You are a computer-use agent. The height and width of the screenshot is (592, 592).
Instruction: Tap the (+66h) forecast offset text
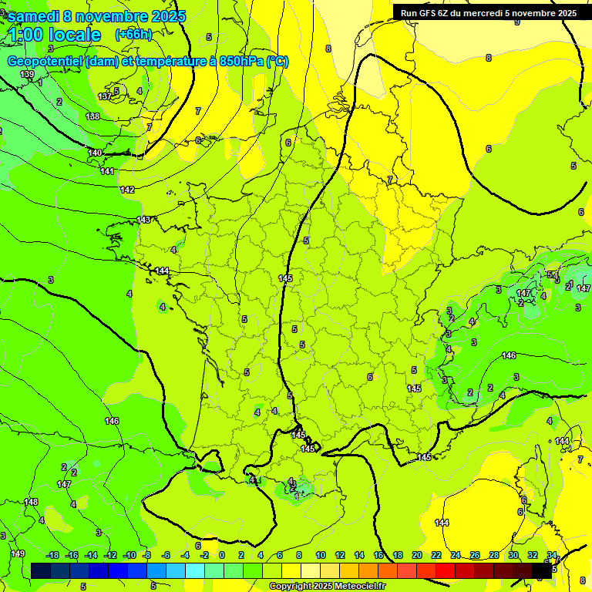click(x=133, y=34)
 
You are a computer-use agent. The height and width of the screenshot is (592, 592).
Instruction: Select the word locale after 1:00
click(x=73, y=35)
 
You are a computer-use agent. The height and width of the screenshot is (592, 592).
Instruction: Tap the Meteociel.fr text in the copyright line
click(x=360, y=587)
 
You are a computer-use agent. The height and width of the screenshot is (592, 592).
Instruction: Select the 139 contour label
click(x=27, y=75)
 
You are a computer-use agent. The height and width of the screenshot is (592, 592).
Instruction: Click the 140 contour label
click(x=96, y=153)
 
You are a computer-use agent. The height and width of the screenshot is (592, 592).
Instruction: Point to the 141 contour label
click(x=108, y=171)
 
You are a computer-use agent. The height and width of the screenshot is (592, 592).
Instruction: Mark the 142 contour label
click(x=127, y=190)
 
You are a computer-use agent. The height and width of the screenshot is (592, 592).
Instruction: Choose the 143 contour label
click(x=143, y=220)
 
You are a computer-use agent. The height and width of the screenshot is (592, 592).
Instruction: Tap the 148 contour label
click(x=31, y=502)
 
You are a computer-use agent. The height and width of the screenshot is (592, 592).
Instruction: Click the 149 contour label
click(x=18, y=553)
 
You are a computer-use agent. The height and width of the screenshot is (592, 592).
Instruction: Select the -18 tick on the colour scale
click(x=52, y=555)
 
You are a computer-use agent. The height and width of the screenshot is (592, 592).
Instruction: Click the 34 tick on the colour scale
click(x=552, y=555)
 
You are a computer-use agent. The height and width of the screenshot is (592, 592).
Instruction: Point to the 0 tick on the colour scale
click(x=222, y=555)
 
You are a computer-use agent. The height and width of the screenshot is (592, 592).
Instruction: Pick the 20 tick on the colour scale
click(x=417, y=555)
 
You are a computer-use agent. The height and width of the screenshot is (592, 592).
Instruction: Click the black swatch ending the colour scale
click(x=542, y=570)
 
